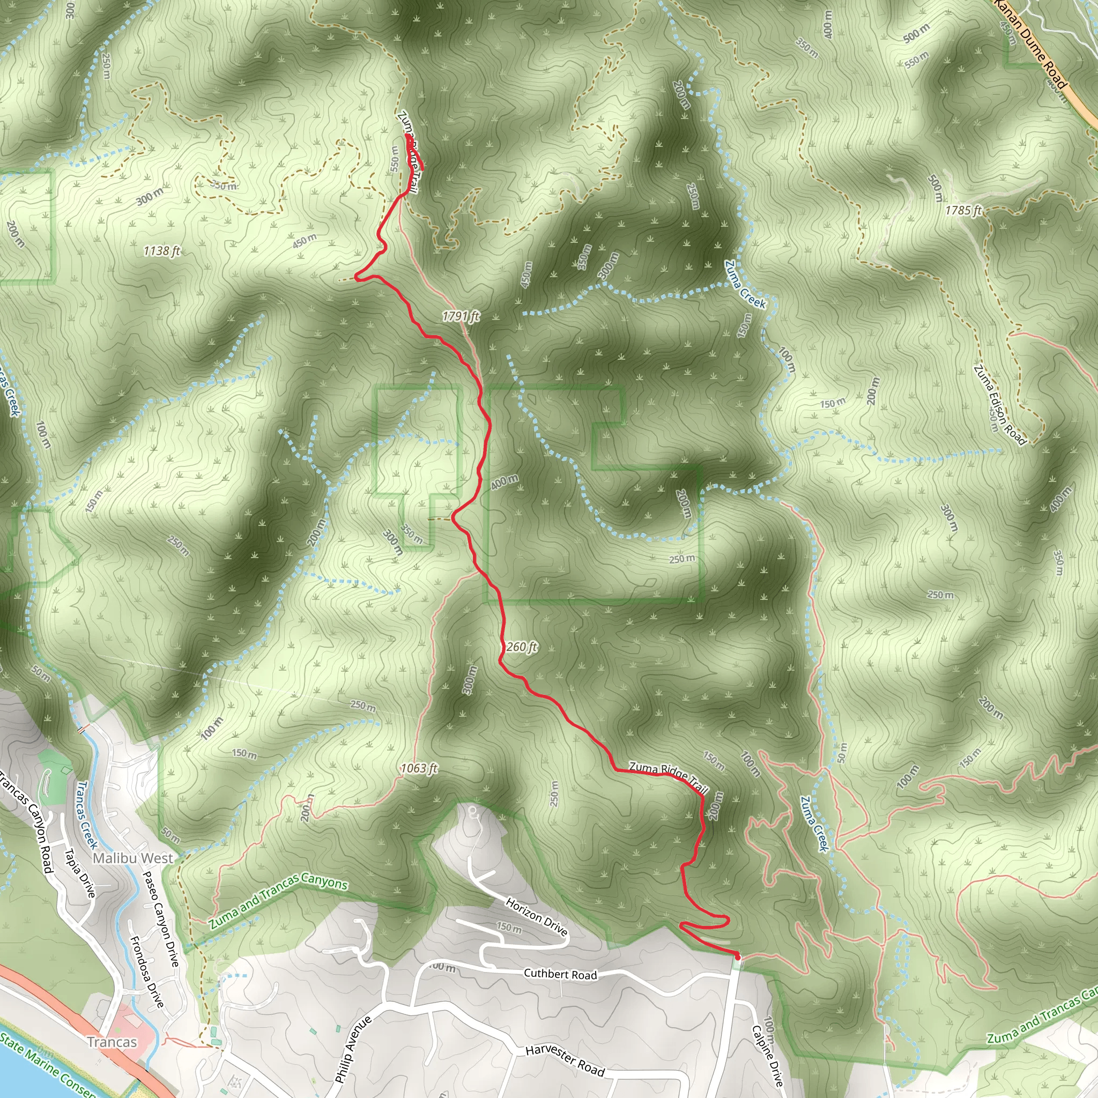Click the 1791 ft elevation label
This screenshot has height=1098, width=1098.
(461, 316)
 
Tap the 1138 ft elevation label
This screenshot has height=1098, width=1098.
(162, 250)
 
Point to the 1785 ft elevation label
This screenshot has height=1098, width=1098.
(963, 210)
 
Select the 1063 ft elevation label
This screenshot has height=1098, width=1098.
(419, 768)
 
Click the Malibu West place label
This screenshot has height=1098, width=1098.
(133, 858)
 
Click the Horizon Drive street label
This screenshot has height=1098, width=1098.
(536, 917)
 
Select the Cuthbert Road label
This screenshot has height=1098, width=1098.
(560, 974)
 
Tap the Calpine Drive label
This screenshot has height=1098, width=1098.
(767, 1055)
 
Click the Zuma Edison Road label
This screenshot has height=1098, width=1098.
(1000, 405)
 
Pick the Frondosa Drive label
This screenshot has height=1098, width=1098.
(146, 973)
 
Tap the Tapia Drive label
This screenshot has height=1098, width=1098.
(79, 873)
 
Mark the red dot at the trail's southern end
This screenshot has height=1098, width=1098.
(738, 957)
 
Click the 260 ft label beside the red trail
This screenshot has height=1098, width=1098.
(521, 647)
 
